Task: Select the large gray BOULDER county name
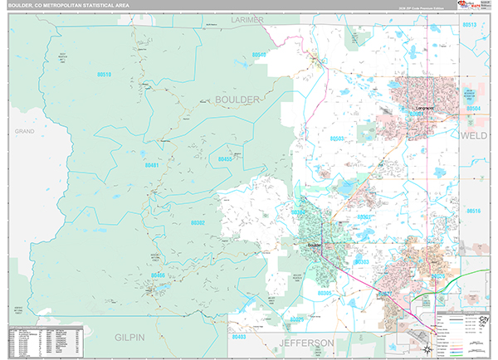click(237, 99)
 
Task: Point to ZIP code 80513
click(469, 25)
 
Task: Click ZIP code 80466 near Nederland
click(160, 275)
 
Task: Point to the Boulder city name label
click(314, 245)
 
